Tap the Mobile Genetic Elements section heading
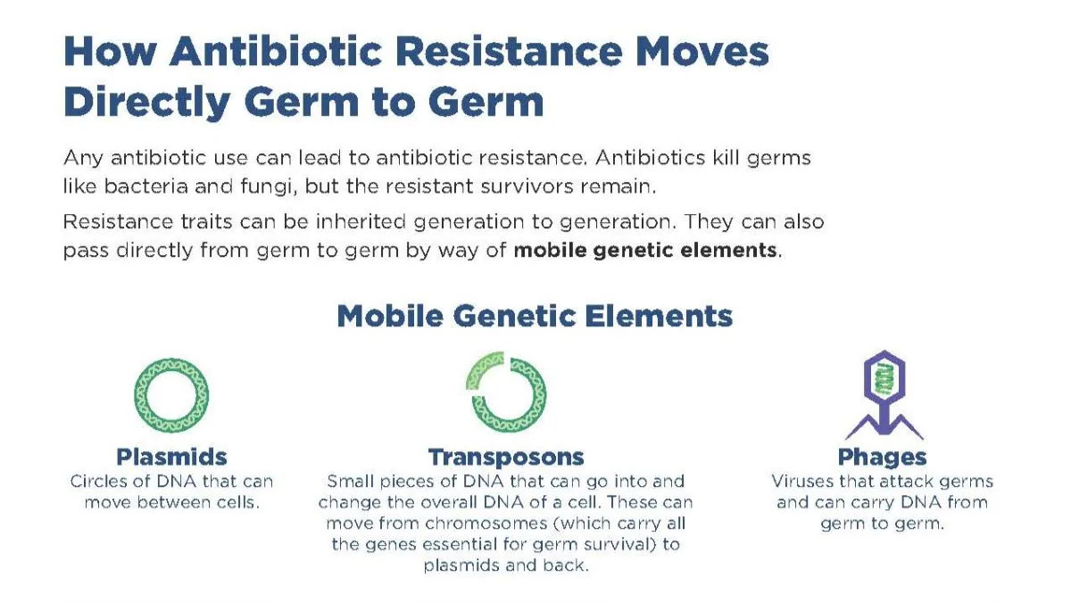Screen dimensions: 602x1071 coord(535,316)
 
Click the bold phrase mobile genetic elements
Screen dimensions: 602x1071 coord(644,251)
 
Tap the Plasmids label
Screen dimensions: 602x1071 coord(171,457)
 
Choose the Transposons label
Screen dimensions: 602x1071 coord(506,457)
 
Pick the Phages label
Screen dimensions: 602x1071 coord(882,457)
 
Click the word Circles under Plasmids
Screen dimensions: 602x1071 coord(100,481)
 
